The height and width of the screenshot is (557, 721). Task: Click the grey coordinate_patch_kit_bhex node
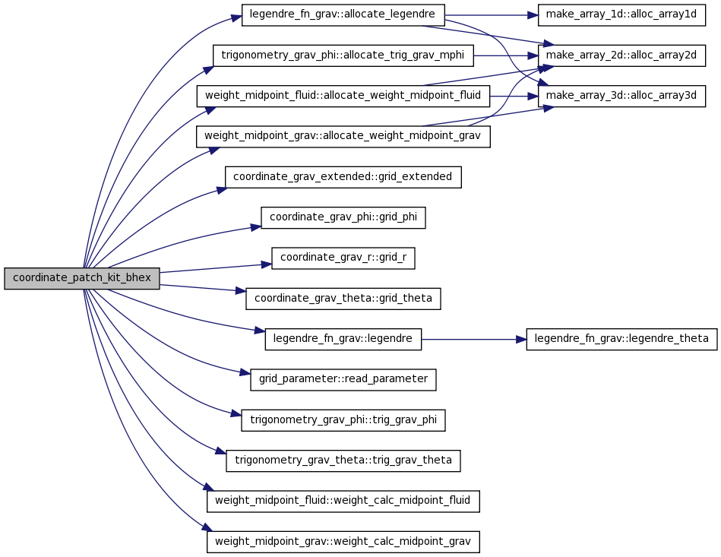(x=82, y=278)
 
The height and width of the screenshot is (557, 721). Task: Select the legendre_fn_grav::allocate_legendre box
(x=343, y=15)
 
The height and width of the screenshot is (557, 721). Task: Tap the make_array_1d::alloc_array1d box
(x=621, y=15)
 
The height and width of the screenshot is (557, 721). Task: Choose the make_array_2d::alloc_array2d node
(x=621, y=55)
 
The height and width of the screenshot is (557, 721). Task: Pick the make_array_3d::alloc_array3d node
(x=621, y=97)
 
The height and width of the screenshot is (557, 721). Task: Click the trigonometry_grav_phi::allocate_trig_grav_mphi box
(x=343, y=55)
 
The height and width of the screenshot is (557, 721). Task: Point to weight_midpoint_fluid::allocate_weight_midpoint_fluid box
(x=343, y=97)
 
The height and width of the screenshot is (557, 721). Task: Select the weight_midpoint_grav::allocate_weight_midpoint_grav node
(x=343, y=137)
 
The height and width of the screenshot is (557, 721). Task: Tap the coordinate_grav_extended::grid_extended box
(x=343, y=177)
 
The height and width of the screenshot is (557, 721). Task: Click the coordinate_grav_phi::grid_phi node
(x=343, y=217)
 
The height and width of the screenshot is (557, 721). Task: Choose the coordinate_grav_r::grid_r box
(x=343, y=258)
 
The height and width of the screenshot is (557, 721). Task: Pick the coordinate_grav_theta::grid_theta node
(x=343, y=299)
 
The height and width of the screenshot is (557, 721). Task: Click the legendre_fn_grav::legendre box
(x=343, y=339)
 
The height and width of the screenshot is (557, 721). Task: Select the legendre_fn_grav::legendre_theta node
(x=621, y=339)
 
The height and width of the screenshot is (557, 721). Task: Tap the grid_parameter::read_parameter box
(x=343, y=379)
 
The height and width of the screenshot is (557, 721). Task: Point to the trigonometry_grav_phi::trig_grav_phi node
(x=343, y=420)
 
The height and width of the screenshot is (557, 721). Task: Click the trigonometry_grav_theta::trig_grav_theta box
(x=343, y=460)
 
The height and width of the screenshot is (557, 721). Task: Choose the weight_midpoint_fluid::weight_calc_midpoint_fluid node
(x=343, y=501)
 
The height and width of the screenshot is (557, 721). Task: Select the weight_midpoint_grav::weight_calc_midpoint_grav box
(x=343, y=541)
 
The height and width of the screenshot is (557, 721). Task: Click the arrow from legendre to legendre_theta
(x=473, y=340)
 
